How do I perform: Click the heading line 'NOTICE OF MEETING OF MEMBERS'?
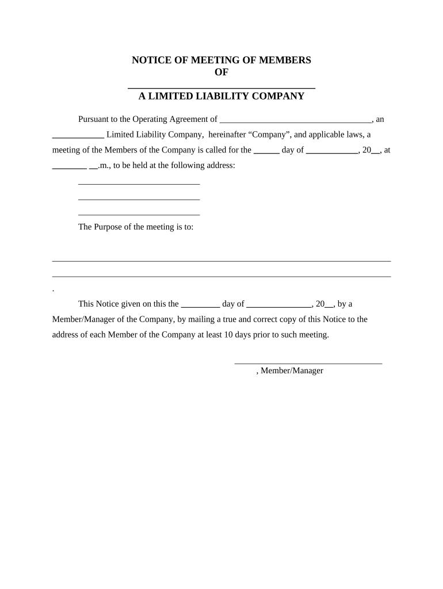(x=221, y=60)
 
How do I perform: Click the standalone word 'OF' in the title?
(x=221, y=72)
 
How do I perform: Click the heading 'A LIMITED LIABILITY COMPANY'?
(x=221, y=97)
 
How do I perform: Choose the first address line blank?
(x=139, y=183)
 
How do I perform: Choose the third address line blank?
(x=139, y=214)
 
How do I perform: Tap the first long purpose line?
(x=221, y=261)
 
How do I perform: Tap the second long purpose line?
(x=221, y=276)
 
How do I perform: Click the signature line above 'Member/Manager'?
(x=308, y=363)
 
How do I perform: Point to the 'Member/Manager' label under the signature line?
(x=292, y=371)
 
